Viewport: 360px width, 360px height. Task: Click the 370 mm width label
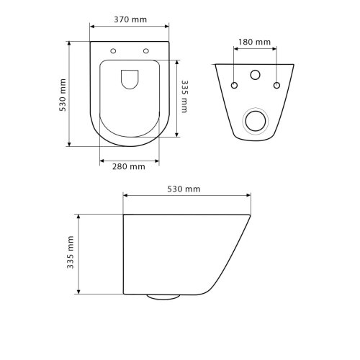[130, 19]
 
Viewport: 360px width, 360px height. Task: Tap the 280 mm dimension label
[129, 166]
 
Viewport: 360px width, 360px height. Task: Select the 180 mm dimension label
[254, 42]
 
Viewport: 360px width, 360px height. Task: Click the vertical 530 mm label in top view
[63, 95]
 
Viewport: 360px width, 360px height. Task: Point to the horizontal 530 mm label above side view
[184, 189]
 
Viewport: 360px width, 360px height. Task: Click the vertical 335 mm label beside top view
[184, 96]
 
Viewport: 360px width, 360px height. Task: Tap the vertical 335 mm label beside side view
[71, 252]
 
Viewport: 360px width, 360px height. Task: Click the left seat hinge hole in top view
[113, 51]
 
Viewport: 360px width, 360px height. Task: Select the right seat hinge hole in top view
[146, 51]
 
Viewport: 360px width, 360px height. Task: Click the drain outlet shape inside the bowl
[130, 79]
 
